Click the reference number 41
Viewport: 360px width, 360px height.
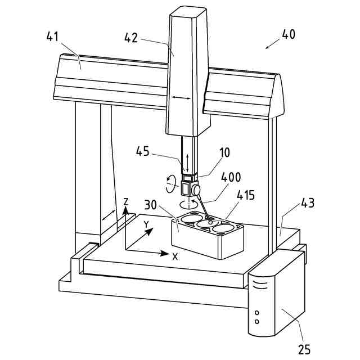[x=52, y=38]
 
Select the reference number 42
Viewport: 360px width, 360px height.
[x=131, y=38]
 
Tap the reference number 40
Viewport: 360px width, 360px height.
[x=288, y=34]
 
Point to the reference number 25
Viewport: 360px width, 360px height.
[x=304, y=349]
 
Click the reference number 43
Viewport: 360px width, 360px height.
[x=307, y=202]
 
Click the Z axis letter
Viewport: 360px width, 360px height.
[x=127, y=201]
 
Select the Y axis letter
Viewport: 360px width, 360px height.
[x=146, y=224]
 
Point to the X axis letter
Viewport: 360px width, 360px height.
[x=175, y=256]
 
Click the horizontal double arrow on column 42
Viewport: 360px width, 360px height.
[x=181, y=98]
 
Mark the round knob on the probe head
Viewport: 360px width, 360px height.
[x=197, y=190]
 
